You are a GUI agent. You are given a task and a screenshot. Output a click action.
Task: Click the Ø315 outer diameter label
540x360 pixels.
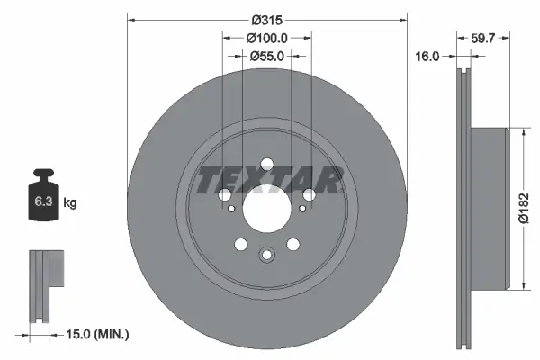pyautogui.click(x=266, y=20)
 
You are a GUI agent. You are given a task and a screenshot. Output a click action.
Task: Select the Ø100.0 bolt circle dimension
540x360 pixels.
pyautogui.click(x=266, y=38)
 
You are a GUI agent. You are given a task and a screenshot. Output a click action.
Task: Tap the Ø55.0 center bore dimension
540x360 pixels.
pyautogui.click(x=266, y=56)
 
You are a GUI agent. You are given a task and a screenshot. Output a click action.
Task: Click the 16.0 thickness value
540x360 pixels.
pyautogui.click(x=427, y=56)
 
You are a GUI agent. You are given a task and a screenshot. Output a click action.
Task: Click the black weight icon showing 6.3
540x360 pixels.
pyautogui.click(x=41, y=200)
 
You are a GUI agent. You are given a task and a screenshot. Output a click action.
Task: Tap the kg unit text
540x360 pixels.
pyautogui.click(x=70, y=203)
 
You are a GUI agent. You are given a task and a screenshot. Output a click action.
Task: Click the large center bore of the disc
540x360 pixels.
pyautogui.click(x=266, y=211)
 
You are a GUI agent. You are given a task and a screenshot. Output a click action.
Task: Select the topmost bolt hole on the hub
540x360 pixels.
pyautogui.click(x=266, y=164)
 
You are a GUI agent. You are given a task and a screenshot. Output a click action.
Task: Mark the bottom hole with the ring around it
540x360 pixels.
pyautogui.click(x=266, y=256)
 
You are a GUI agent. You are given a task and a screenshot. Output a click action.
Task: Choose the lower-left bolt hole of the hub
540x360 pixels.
pyautogui.click(x=239, y=243)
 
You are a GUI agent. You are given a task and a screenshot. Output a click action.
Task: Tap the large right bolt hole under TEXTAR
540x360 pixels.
pyautogui.click(x=310, y=195)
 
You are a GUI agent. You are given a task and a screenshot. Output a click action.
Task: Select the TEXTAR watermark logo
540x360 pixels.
pyautogui.click(x=266, y=180)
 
